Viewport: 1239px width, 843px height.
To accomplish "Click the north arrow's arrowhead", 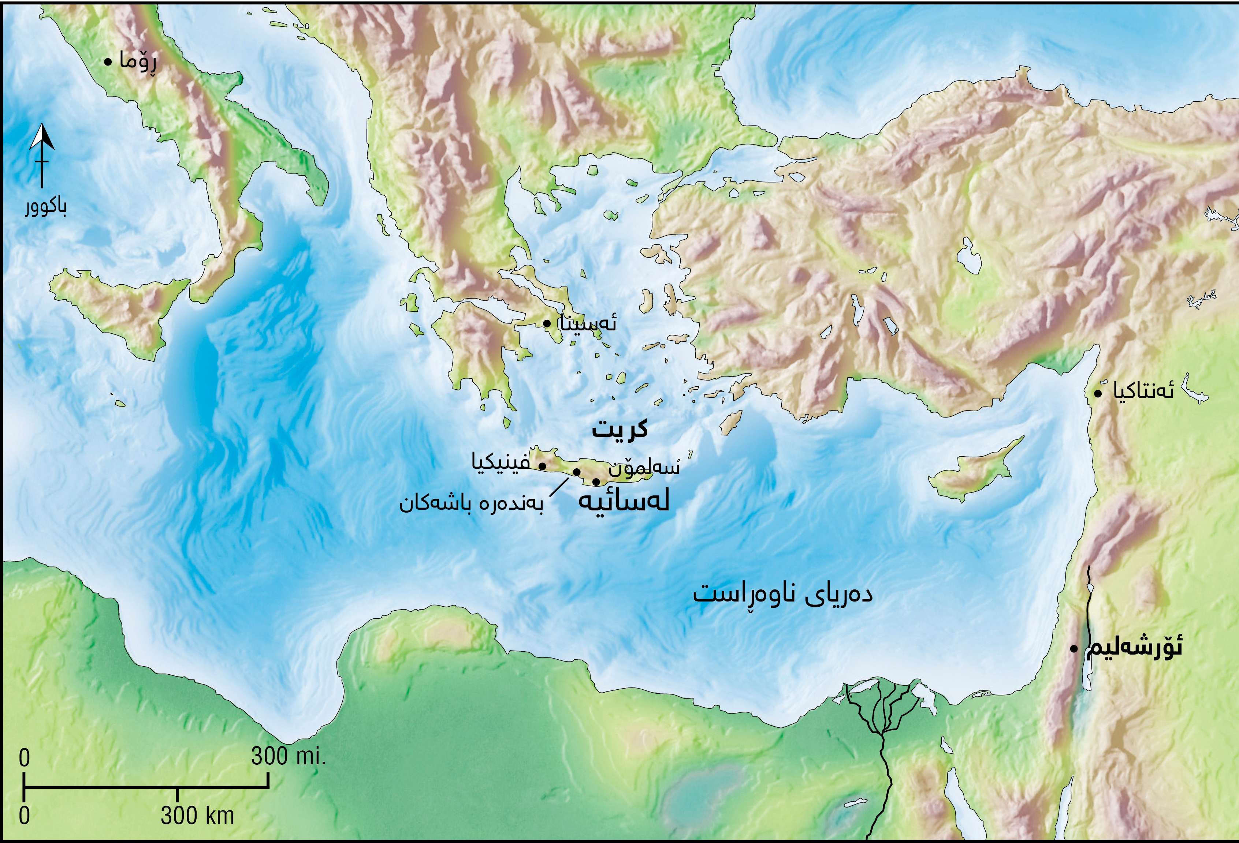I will tap(42, 138).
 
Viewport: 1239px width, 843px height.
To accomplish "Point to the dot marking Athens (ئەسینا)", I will tap(547, 323).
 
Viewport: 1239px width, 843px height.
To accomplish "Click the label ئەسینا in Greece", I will tap(587, 323).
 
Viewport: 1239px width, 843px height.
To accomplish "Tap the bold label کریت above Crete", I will tap(619, 429).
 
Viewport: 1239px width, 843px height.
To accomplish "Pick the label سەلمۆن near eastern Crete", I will tap(644, 469).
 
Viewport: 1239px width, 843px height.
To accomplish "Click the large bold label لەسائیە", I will tap(624, 502).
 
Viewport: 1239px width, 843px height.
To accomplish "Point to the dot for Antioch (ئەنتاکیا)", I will tap(1098, 393).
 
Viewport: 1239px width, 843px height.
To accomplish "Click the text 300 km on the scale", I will tap(197, 815).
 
